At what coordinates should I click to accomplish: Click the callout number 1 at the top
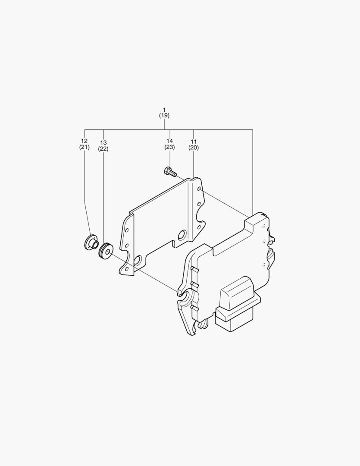(164, 110)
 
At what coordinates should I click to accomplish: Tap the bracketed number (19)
(164, 116)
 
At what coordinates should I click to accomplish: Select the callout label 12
(84, 141)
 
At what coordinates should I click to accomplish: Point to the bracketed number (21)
(84, 147)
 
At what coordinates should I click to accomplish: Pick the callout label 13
(103, 143)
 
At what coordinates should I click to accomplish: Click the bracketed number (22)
(103, 149)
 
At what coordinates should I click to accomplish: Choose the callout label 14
(169, 141)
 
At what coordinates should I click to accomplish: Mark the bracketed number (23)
(169, 147)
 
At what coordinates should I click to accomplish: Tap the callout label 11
(194, 141)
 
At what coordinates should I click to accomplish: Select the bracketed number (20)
(194, 147)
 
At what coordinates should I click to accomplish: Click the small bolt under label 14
(170, 172)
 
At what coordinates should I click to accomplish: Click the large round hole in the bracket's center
(182, 235)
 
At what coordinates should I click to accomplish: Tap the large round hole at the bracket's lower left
(138, 260)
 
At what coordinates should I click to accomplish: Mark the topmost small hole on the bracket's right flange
(199, 189)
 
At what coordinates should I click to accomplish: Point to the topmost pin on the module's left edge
(194, 270)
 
